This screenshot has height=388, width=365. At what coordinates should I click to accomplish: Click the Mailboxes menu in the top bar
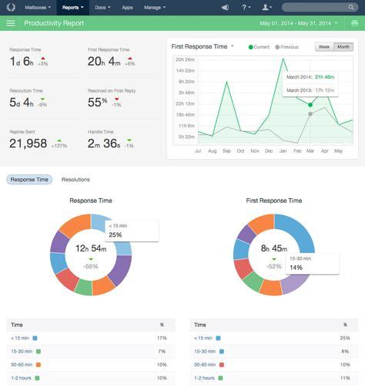(x=38, y=6)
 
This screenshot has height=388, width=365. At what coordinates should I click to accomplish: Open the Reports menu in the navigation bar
(x=72, y=6)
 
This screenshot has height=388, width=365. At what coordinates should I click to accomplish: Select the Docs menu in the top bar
(x=102, y=6)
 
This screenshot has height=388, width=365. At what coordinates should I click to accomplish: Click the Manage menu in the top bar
(x=155, y=6)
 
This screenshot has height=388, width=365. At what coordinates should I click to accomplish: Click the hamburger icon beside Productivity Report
(x=11, y=23)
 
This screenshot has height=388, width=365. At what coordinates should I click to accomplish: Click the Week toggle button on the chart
(x=324, y=47)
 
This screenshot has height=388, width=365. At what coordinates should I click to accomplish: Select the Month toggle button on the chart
(x=343, y=47)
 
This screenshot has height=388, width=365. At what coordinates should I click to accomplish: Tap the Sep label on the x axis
(x=226, y=150)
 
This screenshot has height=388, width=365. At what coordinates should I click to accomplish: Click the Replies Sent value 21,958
(x=28, y=143)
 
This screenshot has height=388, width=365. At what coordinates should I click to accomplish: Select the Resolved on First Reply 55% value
(x=99, y=101)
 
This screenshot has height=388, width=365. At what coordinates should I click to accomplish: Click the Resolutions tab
(x=75, y=180)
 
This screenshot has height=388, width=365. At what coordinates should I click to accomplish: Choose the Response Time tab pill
(x=29, y=180)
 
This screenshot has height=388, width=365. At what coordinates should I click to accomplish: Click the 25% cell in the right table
(x=344, y=338)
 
